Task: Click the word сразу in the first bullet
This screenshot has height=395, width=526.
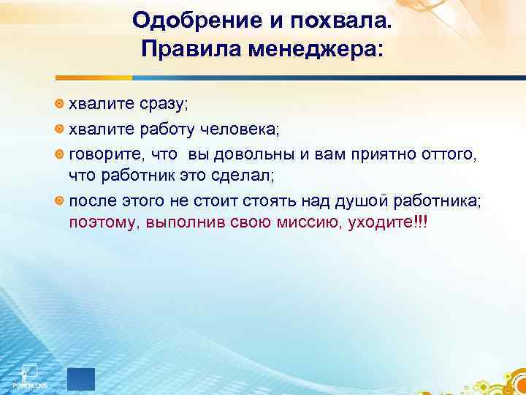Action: pyautogui.click(x=152, y=104)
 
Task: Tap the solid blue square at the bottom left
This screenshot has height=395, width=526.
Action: pyautogui.click(x=80, y=379)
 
